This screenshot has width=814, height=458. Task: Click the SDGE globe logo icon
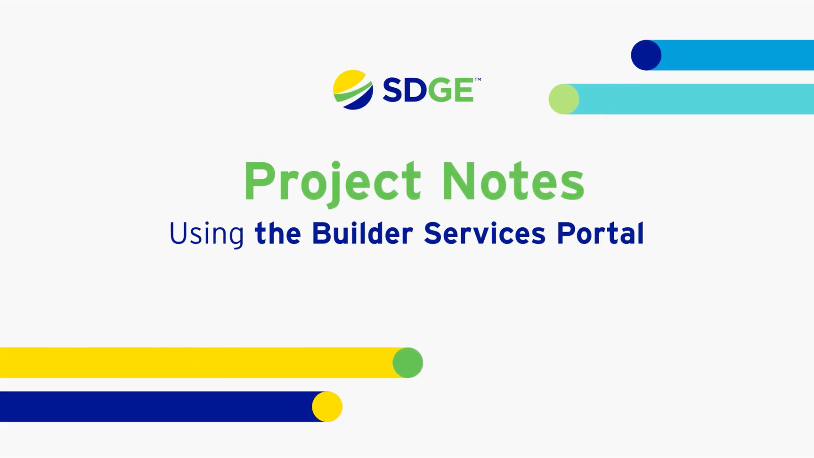[x=353, y=90]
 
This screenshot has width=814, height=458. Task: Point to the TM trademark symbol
[x=478, y=80]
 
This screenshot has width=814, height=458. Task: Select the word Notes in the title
[x=513, y=182]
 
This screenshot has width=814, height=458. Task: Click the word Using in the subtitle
[x=206, y=233]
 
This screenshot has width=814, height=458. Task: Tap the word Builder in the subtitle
[x=362, y=233]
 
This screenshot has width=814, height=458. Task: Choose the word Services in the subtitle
[x=485, y=233]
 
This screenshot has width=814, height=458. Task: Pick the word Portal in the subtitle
[x=600, y=233]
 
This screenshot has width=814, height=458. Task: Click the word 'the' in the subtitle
[x=277, y=233]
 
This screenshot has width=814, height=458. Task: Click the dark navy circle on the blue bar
[x=646, y=55]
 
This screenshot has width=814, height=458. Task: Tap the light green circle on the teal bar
[x=564, y=99]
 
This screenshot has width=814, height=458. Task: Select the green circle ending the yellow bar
[x=408, y=363]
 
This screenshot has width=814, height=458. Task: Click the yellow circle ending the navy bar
[x=327, y=407]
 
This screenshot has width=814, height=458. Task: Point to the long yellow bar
[x=198, y=363]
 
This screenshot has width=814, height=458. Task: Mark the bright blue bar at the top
[x=735, y=55]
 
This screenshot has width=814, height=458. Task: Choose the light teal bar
[x=692, y=99]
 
